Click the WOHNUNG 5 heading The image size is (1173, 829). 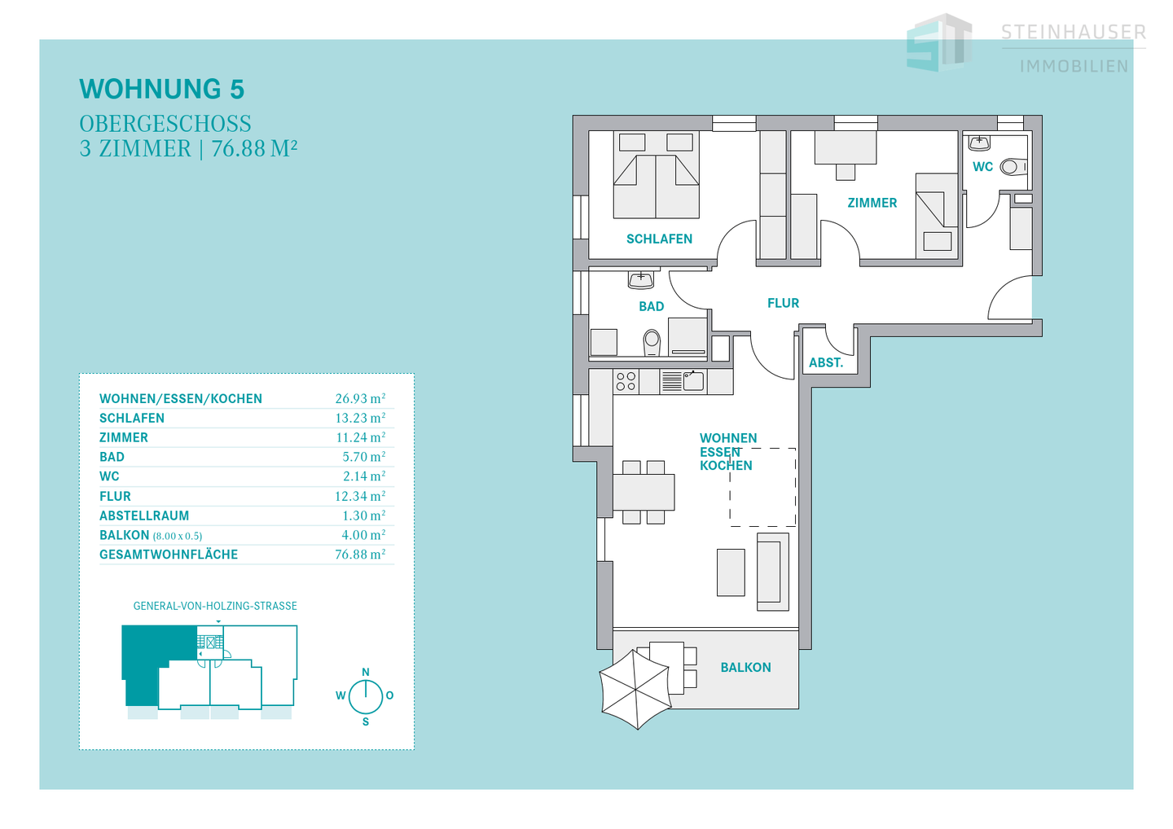[162, 89]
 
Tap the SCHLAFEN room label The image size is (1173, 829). [659, 239]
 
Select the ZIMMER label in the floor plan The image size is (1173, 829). [872, 203]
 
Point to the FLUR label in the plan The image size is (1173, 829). [783, 304]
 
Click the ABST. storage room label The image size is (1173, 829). [826, 362]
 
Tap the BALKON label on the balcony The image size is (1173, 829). [745, 667]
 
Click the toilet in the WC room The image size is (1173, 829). [1013, 168]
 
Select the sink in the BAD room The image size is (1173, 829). [641, 279]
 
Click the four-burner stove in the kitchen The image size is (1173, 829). [626, 382]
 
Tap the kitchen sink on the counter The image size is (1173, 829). [693, 381]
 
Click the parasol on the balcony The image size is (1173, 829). [635, 689]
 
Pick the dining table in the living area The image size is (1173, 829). [644, 491]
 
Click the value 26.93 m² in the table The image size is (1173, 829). [360, 398]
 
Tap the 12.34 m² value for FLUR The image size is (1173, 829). [360, 496]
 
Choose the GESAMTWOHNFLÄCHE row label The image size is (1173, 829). [169, 555]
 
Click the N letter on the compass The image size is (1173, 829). [366, 672]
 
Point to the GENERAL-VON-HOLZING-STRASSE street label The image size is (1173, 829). [215, 606]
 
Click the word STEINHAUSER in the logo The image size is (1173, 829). [1074, 33]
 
